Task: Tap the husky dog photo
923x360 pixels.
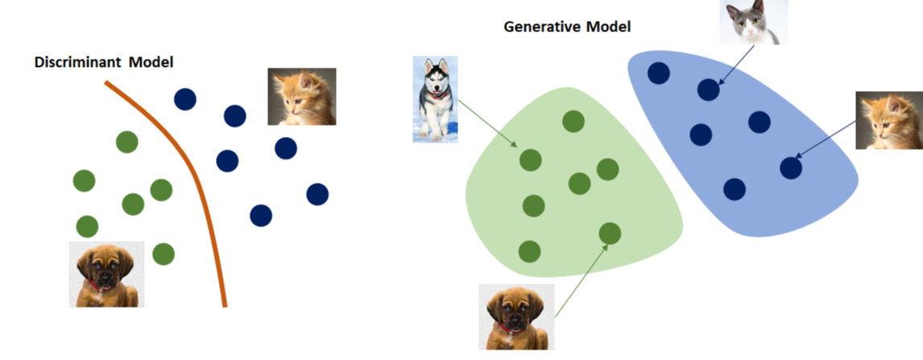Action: [435, 98]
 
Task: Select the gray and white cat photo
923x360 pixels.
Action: [753, 22]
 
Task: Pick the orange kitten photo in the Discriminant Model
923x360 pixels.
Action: [301, 96]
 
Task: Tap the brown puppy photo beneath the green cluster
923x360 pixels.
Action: [515, 315]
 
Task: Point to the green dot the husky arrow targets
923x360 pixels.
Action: [530, 159]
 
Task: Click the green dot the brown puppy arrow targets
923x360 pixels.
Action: [610, 234]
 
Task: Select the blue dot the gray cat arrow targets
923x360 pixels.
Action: [708, 89]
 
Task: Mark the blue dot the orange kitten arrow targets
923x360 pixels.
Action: [791, 168]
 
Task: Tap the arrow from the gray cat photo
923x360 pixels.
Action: [735, 64]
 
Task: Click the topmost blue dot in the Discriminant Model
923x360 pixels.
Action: [185, 99]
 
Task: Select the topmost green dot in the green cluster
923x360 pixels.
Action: [573, 122]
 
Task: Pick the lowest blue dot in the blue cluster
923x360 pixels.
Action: [734, 189]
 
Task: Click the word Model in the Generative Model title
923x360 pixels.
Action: [608, 27]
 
